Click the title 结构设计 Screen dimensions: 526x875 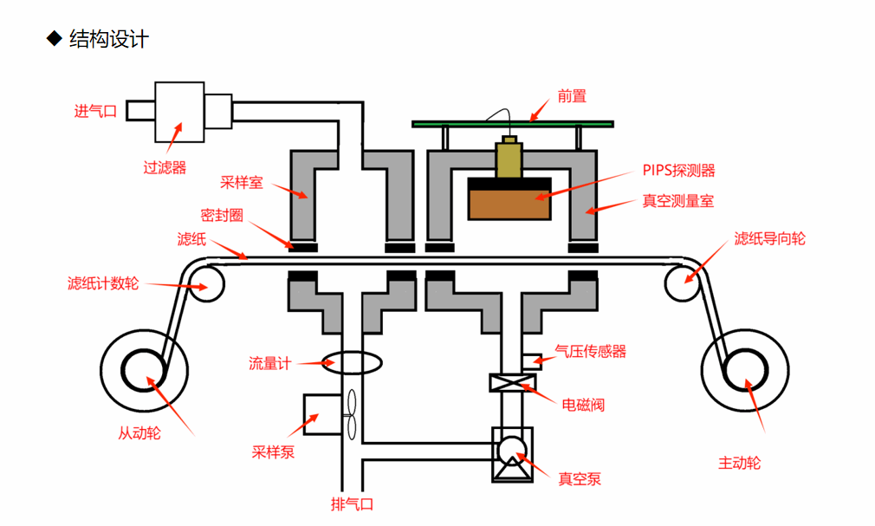tap(108, 39)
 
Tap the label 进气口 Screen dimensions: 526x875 tap(95, 111)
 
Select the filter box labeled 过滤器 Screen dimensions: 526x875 tap(179, 112)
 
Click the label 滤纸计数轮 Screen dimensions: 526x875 tap(102, 283)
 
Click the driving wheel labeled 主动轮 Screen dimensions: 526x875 tap(739, 369)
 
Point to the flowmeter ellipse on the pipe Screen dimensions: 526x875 tap(352, 362)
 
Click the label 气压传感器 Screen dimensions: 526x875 tap(590, 351)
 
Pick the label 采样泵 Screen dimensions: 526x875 tap(273, 451)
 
